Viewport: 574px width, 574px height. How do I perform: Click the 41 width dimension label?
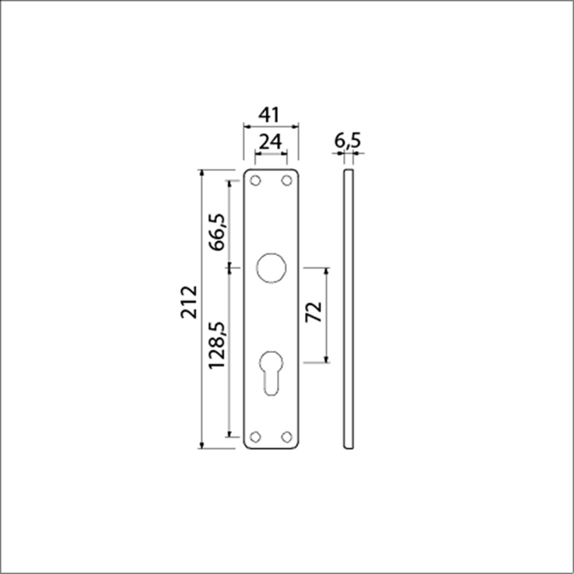(x=270, y=115)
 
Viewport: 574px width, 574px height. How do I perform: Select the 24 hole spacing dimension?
(x=270, y=141)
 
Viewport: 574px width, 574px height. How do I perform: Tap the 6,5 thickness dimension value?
(x=348, y=141)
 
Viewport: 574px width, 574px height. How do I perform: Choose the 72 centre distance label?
(x=313, y=313)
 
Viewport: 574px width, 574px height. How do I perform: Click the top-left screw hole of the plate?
(x=255, y=180)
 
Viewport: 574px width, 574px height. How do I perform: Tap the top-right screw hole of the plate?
(x=286, y=180)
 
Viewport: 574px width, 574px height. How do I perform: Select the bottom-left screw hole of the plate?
(x=255, y=436)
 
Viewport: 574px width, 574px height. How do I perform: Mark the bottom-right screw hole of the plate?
(x=286, y=436)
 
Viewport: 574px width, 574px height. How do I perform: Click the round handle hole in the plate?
(x=271, y=267)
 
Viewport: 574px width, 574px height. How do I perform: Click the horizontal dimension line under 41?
(x=271, y=125)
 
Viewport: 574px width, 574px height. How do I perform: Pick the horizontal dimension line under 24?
(x=271, y=153)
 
